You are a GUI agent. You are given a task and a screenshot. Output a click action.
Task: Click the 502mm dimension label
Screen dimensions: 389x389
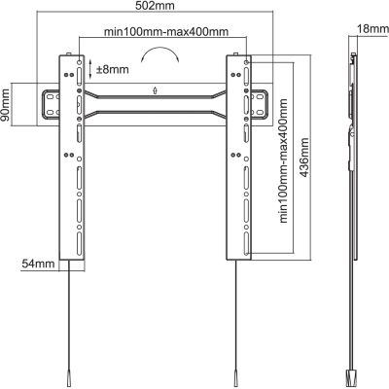click(x=155, y=6)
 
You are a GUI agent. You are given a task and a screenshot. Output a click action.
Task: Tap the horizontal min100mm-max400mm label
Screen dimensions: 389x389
click(x=166, y=32)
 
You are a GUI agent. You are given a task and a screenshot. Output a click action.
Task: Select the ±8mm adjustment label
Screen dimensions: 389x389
click(x=113, y=69)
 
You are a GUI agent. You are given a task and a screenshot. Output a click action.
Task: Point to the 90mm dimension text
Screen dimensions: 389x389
click(x=5, y=104)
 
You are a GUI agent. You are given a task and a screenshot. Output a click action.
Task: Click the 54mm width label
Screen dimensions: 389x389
click(x=38, y=264)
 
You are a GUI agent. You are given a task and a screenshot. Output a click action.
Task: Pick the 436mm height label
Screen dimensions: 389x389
click(x=304, y=158)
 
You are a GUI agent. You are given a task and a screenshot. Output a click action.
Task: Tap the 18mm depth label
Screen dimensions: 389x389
click(x=372, y=29)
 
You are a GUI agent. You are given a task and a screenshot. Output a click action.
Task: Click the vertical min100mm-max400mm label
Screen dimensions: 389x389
click(x=283, y=160)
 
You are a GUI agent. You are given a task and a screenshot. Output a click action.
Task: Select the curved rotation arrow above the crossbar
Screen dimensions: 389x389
click(x=159, y=53)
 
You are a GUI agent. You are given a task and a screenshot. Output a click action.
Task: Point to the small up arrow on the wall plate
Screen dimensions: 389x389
click(x=156, y=90)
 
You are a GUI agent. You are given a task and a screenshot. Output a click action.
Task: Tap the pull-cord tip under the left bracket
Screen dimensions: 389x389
click(x=69, y=378)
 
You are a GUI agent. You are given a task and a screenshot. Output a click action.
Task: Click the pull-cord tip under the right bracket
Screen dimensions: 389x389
click(x=235, y=378)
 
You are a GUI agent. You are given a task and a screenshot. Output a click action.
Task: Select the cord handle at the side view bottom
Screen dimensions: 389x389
click(x=352, y=379)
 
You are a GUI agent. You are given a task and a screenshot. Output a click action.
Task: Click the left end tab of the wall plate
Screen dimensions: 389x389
click(x=51, y=104)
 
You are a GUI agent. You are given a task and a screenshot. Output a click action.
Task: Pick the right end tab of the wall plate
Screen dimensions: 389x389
click(x=260, y=104)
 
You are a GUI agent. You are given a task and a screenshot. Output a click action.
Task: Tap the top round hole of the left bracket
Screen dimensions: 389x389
click(x=80, y=61)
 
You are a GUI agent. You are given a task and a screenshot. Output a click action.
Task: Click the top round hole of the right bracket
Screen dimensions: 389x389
click(x=246, y=61)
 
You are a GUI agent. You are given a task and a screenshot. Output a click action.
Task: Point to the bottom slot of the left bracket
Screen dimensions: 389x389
click(x=80, y=243)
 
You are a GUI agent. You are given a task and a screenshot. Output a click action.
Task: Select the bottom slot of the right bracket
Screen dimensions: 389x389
click(x=246, y=243)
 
